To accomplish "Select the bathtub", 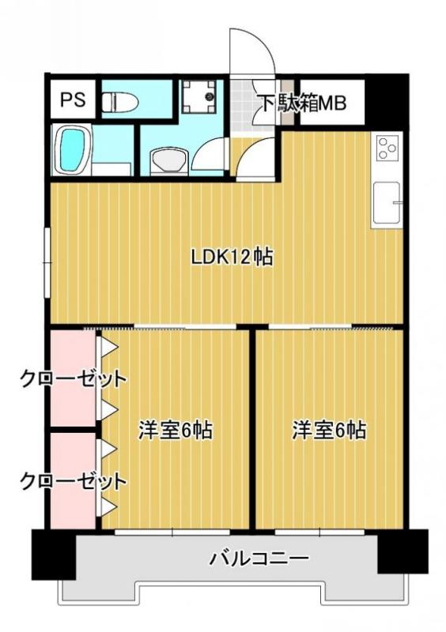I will click(x=72, y=149).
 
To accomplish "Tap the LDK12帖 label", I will click(x=232, y=257).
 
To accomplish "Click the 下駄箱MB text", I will click(x=300, y=103).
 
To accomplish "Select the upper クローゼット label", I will click(x=73, y=378).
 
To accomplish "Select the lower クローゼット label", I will click(x=73, y=480).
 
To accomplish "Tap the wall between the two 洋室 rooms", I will click(x=252, y=427).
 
